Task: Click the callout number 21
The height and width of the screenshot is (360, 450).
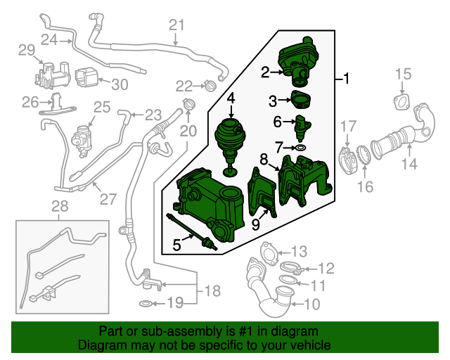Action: click(x=175, y=25)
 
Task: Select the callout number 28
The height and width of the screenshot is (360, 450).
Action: click(x=61, y=206)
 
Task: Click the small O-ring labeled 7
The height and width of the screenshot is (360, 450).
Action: click(x=300, y=148)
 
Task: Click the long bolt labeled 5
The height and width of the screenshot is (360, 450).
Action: click(x=188, y=230)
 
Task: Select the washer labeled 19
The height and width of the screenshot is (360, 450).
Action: click(x=144, y=304)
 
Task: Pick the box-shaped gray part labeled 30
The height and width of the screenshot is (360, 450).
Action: click(x=86, y=75)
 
